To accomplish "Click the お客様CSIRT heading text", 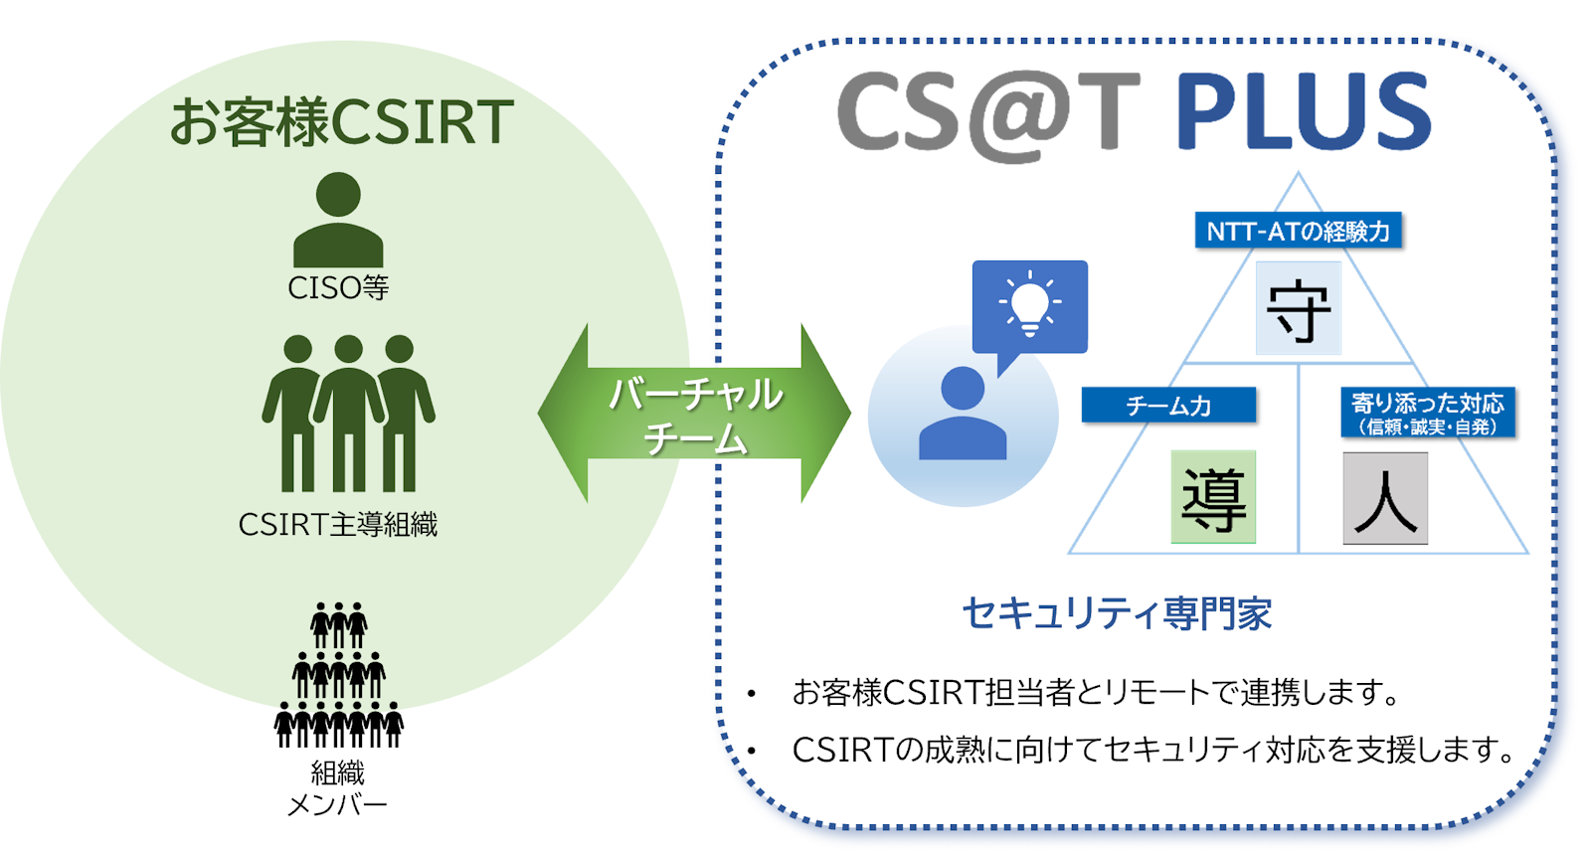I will [341, 122].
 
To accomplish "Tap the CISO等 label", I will [338, 288].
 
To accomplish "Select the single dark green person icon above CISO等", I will [338, 221].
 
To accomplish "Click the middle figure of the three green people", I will [348, 413].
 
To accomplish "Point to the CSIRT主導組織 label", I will [338, 524].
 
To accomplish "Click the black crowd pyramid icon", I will [338, 676].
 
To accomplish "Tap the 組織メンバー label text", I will [338, 788].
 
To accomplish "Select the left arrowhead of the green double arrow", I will [563, 413].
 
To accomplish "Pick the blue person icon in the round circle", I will [962, 416].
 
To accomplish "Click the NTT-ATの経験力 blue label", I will [1298, 231].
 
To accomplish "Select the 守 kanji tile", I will [1298, 309].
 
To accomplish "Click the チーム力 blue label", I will [1168, 406].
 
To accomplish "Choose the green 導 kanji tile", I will [1213, 497].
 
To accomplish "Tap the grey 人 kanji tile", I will [1385, 498].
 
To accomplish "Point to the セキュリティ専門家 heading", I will [1117, 613].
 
